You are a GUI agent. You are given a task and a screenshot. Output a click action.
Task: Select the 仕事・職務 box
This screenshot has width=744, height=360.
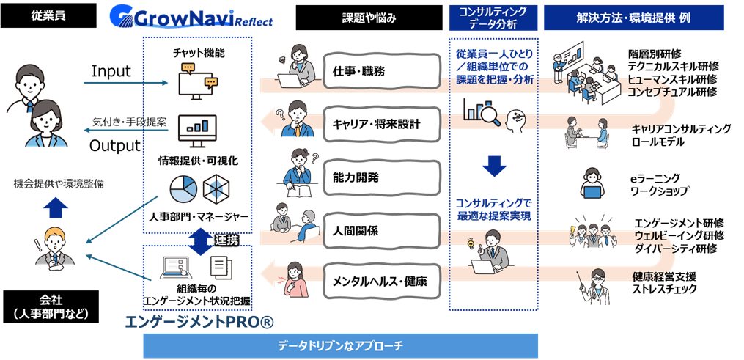381,71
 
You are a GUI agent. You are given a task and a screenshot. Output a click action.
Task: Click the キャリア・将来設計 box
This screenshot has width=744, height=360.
381,124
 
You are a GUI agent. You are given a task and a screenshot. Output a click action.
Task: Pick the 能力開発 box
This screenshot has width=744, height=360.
381,177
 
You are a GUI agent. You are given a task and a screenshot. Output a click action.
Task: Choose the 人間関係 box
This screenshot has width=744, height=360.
381,230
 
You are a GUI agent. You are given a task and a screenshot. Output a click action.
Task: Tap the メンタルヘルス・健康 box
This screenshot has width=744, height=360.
381,281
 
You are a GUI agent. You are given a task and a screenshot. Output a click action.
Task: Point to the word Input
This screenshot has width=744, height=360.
111,71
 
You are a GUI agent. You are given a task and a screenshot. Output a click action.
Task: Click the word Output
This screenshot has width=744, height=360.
114,145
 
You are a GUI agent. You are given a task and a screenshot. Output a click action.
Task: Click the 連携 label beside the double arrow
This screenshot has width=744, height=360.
226,240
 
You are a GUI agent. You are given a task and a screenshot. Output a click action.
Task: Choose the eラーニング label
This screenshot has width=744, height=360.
657,178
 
